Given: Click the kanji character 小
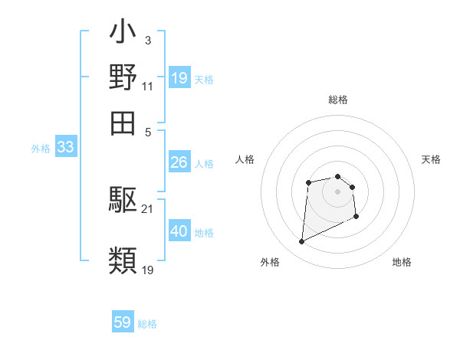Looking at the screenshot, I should pyautogui.click(x=123, y=34).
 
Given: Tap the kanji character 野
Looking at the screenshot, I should pyautogui.click(x=123, y=78).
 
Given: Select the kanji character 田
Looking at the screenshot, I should pyautogui.click(x=123, y=123).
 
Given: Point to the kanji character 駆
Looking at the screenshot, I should pyautogui.click(x=123, y=201).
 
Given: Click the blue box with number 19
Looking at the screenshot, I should pyautogui.click(x=179, y=78).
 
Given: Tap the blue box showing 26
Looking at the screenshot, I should pyautogui.click(x=179, y=162).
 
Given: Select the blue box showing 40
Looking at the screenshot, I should pyautogui.click(x=179, y=231).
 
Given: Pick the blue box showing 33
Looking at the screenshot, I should pyautogui.click(x=65, y=148).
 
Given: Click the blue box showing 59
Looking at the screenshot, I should pyautogui.click(x=123, y=322).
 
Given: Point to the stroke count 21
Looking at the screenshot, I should pyautogui.click(x=147, y=208).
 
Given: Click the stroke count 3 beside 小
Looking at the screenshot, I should pyautogui.click(x=147, y=39).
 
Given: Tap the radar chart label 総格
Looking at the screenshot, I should pyautogui.click(x=337, y=100).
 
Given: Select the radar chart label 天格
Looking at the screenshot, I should pyautogui.click(x=431, y=159).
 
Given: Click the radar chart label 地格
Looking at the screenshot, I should pyautogui.click(x=402, y=262).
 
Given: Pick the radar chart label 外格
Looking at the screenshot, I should pyautogui.click(x=270, y=262).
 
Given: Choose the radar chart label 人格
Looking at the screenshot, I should pyautogui.click(x=245, y=159).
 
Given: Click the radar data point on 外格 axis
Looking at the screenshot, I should pyautogui.click(x=301, y=242).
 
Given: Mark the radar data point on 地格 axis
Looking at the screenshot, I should pyautogui.click(x=357, y=218).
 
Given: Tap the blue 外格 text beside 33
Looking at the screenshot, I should pyautogui.click(x=40, y=149).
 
